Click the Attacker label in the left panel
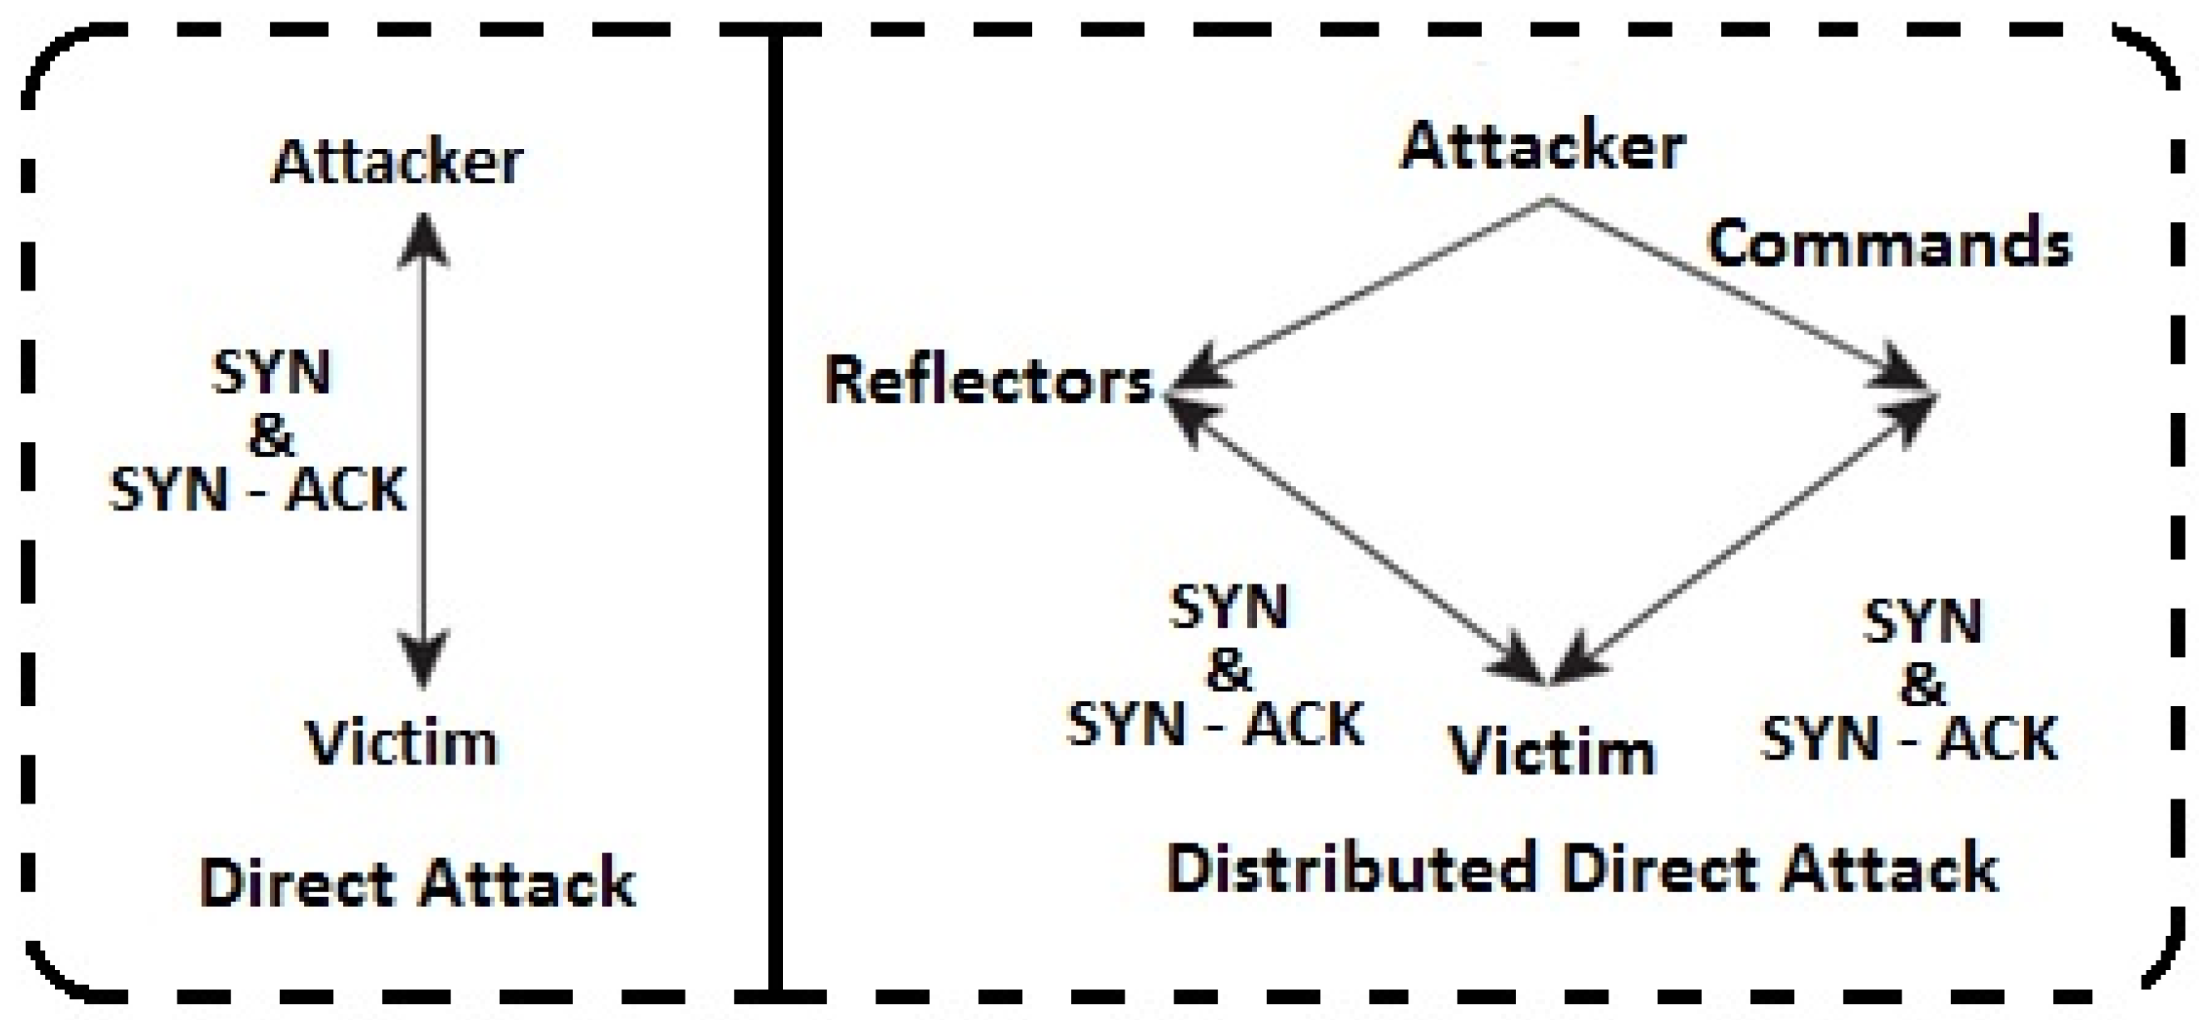(397, 162)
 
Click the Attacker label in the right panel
(1543, 147)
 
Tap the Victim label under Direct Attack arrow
(401, 743)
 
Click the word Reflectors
(989, 381)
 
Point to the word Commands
(1889, 244)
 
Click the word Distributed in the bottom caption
(1349, 868)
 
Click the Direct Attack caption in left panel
(417, 883)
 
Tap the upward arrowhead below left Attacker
(423, 239)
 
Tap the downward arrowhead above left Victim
(423, 657)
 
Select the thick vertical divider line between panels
(775, 512)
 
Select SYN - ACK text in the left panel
(258, 490)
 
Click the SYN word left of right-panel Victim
(1229, 608)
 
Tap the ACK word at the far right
(1997, 739)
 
